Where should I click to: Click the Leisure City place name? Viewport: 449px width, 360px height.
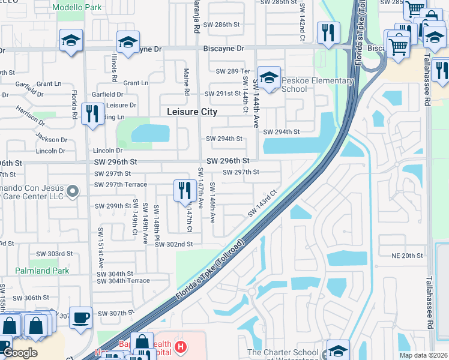tap(192, 112)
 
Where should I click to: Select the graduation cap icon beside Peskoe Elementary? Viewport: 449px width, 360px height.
tap(270, 78)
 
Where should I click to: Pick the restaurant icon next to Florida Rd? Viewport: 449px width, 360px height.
tap(92, 114)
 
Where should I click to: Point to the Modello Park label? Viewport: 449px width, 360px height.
tap(76, 7)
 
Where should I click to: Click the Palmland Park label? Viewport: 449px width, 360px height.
tap(43, 271)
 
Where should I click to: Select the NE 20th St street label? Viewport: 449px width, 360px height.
tap(407, 256)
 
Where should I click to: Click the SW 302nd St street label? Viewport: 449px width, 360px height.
tap(173, 244)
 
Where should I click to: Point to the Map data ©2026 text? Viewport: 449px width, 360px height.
tap(423, 355)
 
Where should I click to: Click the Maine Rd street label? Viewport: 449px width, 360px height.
tap(187, 81)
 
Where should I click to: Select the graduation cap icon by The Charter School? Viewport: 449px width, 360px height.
tap(337, 350)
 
